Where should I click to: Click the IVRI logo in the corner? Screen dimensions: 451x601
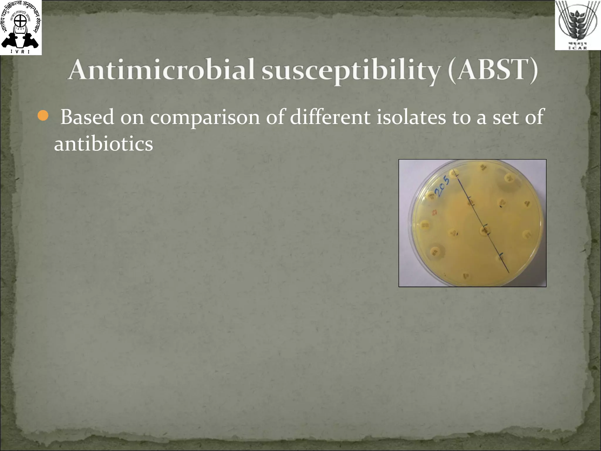pyautogui.click(x=21, y=27)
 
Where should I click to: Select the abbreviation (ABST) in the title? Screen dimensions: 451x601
pyautogui.click(x=493, y=70)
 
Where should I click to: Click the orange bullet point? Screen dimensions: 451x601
pyautogui.click(x=43, y=116)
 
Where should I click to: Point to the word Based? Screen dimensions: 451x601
pyautogui.click(x=87, y=117)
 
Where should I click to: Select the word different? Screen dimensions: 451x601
pyautogui.click(x=330, y=117)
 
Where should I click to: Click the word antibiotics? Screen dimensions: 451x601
pyautogui.click(x=103, y=144)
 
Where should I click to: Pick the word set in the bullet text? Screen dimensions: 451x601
pyautogui.click(x=506, y=117)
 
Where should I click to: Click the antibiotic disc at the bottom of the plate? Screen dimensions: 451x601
pyautogui.click(x=465, y=276)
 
